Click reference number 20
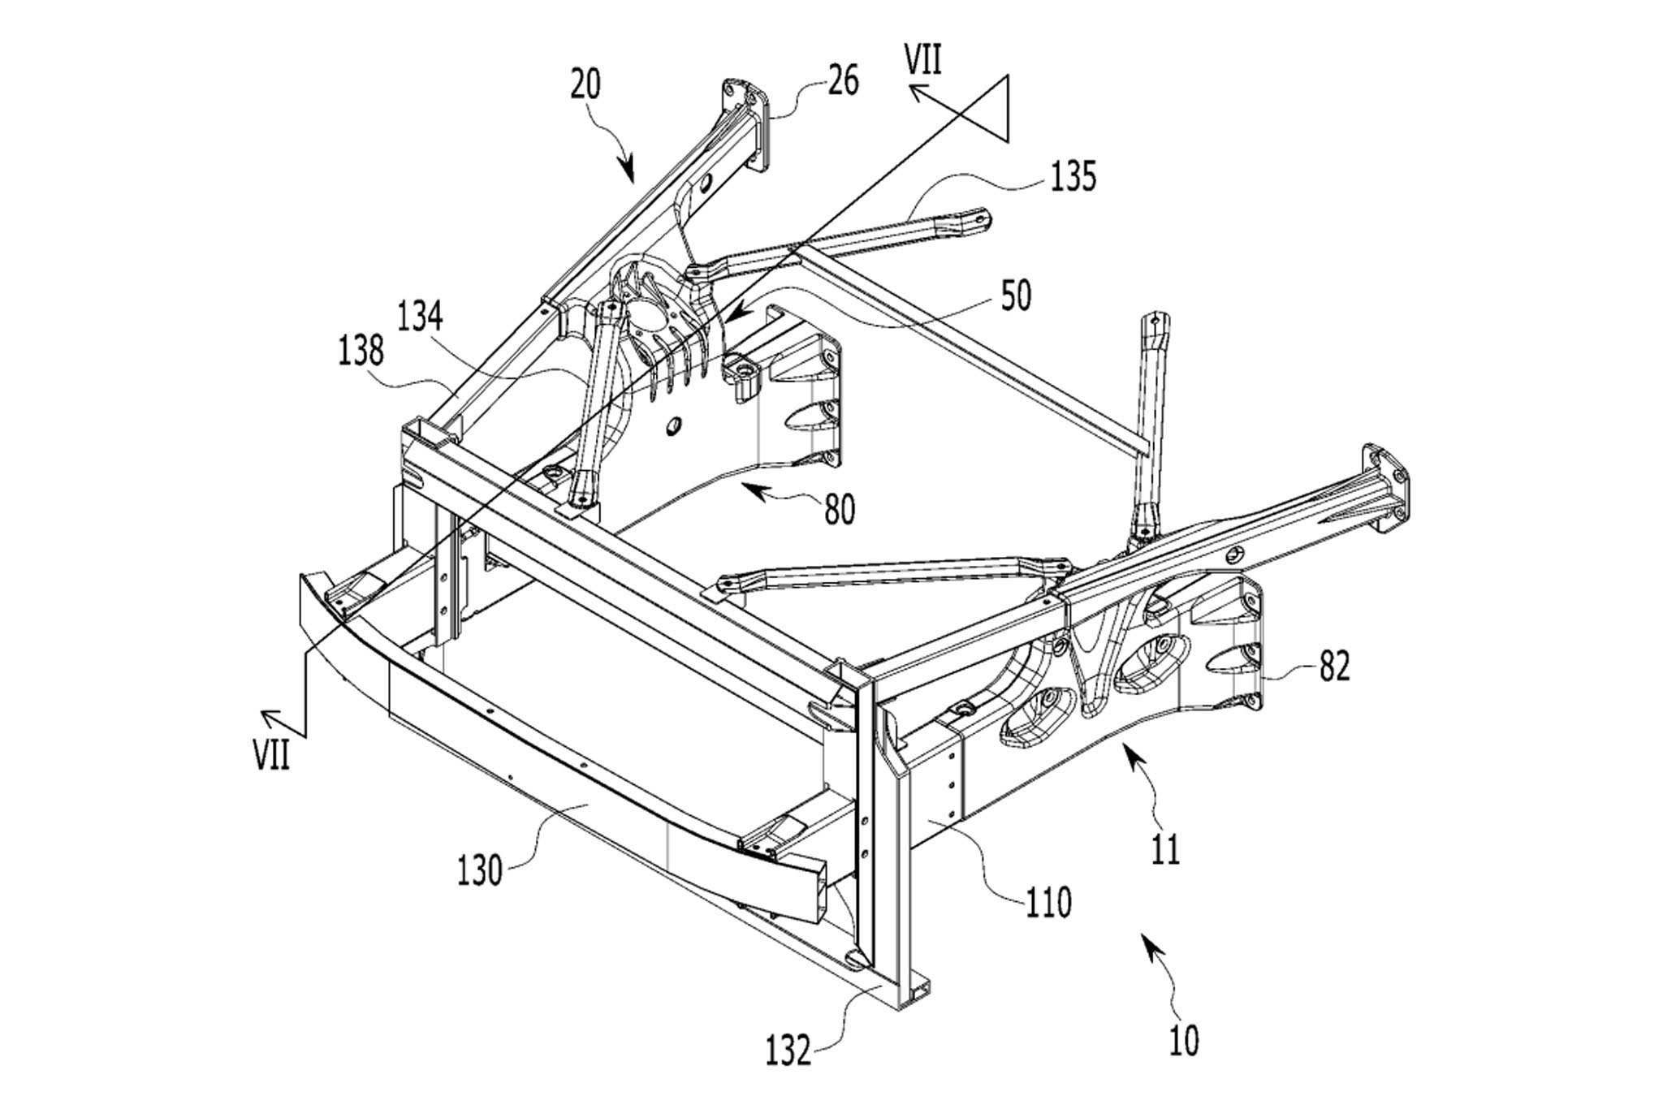coord(585,84)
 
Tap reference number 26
coord(844,82)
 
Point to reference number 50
coord(1016,296)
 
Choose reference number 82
coord(1334,666)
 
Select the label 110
coord(1048,901)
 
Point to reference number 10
coord(1185,1041)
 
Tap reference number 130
coord(480,871)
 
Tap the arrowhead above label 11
coord(1131,754)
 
